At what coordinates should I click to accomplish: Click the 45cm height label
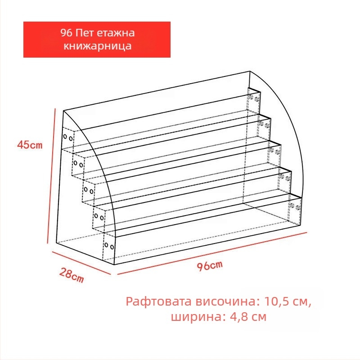point(30,145)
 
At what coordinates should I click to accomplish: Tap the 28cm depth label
point(72,275)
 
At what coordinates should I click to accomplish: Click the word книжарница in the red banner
point(97,46)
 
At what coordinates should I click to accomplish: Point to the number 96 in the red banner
point(66,33)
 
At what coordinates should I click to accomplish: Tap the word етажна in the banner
point(116,33)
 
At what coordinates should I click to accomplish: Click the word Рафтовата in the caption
point(159,301)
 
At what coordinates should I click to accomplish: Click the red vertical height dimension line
point(51,175)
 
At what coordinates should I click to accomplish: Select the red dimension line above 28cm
point(81,263)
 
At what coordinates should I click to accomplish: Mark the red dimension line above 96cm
point(212,253)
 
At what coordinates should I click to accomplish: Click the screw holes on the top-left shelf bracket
point(68,138)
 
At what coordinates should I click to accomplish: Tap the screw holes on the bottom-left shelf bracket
point(109,246)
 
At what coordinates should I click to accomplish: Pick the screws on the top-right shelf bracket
point(254,98)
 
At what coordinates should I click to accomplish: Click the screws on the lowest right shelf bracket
point(295,207)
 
